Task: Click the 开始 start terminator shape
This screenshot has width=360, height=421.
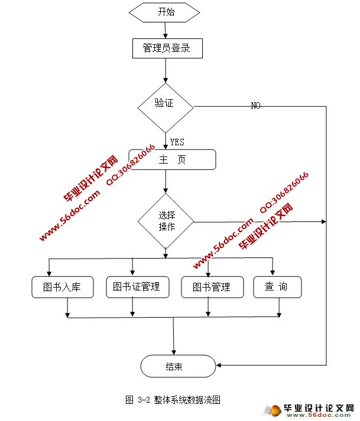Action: tap(166, 12)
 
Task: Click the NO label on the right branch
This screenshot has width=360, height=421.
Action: tap(255, 106)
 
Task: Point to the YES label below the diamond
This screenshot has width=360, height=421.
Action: tap(177, 142)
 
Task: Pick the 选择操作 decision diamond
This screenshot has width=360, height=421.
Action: tap(166, 221)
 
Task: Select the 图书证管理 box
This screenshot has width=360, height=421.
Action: tap(137, 287)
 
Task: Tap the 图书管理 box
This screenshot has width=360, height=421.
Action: tap(211, 288)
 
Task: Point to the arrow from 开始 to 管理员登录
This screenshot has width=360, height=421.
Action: tap(166, 30)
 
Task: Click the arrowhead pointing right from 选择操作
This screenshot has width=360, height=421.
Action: tap(323, 222)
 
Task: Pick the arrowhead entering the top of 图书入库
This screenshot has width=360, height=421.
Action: tap(49, 273)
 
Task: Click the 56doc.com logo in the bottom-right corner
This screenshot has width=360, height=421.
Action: tap(313, 410)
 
